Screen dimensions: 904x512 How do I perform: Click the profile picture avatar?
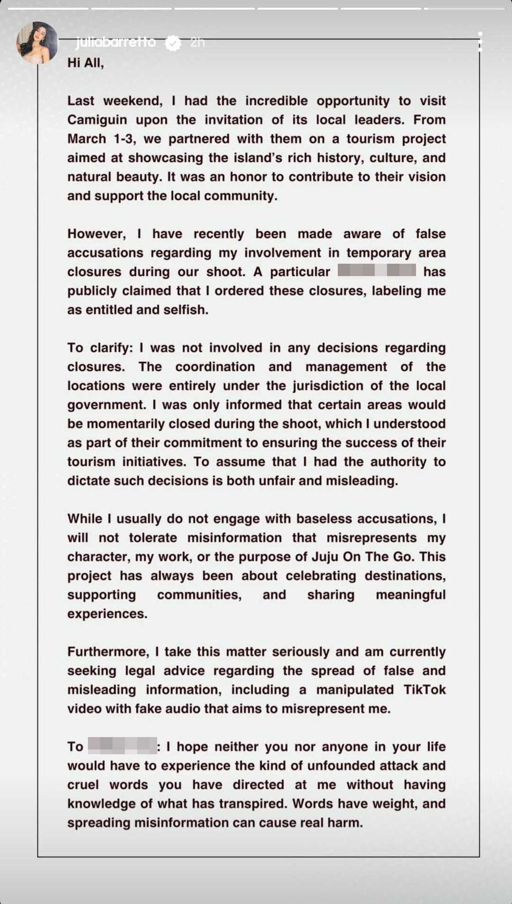point(37,43)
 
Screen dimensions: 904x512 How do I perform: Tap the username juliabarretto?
point(116,43)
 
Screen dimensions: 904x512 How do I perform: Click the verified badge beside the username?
point(173,43)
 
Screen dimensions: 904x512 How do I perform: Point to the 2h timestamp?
point(197,43)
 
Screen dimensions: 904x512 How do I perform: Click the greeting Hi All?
point(85,63)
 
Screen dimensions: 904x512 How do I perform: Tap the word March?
point(86,139)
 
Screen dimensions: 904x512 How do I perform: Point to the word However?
point(96,234)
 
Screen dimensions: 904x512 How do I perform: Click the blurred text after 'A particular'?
point(377,271)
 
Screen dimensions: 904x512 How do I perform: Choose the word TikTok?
point(424,690)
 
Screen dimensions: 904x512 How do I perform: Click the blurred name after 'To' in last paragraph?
point(122,746)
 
